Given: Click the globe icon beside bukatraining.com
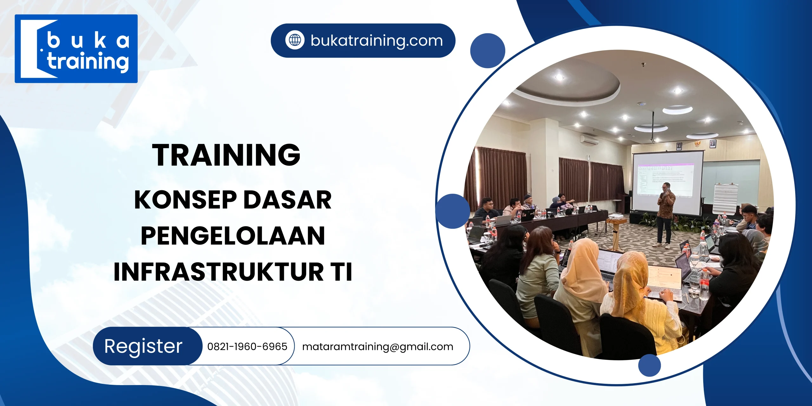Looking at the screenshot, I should tap(295, 40).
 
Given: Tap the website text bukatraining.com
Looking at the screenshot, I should tap(377, 41).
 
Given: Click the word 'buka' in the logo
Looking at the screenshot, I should tap(88, 41).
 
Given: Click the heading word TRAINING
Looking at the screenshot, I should tap(226, 155).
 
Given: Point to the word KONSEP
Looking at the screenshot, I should tap(185, 200).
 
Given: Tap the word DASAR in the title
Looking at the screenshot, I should tap(287, 200).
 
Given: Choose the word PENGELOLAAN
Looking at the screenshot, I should tap(233, 236).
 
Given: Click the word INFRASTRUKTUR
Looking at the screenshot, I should tap(219, 272).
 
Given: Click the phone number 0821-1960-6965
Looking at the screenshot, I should tap(247, 346).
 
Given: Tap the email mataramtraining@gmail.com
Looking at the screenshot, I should tap(377, 347).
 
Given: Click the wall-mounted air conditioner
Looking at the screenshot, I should tap(589, 140).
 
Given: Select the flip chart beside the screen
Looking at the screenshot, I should tap(725, 198).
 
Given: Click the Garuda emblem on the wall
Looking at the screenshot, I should tap(695, 143).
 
